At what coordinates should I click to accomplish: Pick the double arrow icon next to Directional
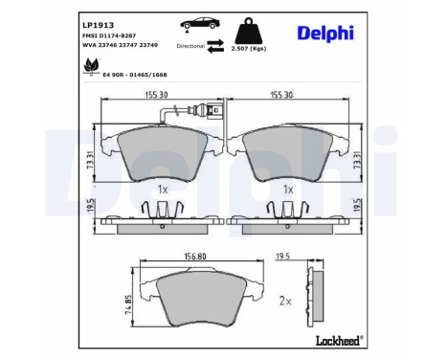click(x=217, y=45)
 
